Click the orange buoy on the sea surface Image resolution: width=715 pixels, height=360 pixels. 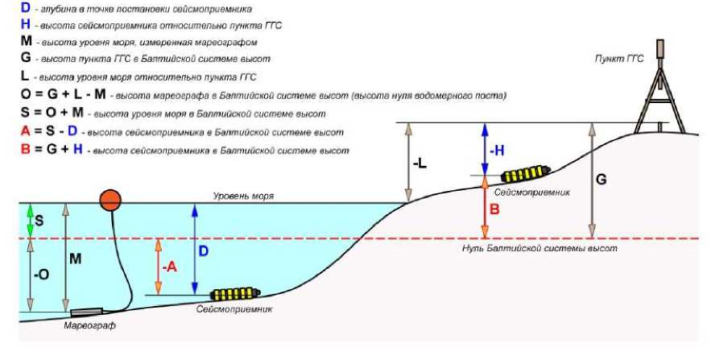111,200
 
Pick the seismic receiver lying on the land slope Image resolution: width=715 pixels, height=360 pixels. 525,175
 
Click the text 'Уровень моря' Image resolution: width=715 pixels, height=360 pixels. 244,196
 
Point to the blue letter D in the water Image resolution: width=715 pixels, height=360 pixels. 205,251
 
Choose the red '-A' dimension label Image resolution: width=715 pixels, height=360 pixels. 168,267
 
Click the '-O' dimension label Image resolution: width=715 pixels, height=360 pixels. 40,274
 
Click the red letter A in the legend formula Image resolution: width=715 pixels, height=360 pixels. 26,132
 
